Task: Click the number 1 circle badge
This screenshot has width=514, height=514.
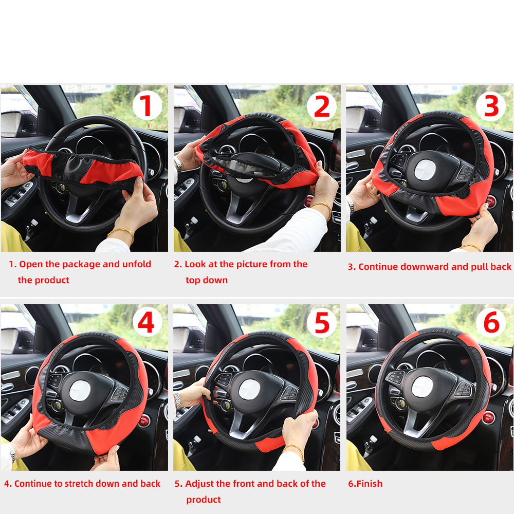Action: (147, 106)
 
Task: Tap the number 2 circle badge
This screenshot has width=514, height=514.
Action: (322, 106)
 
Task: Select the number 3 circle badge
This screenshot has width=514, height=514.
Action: (491, 106)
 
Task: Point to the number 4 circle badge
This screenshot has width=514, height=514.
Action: (147, 324)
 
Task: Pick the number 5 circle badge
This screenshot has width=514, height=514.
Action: (322, 324)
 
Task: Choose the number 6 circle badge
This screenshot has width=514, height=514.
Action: (491, 324)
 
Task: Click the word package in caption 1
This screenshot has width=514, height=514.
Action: (82, 264)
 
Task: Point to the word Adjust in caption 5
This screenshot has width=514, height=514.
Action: (200, 484)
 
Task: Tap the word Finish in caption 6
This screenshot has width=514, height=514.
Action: (370, 484)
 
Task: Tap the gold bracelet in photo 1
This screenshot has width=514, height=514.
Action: (121, 232)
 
